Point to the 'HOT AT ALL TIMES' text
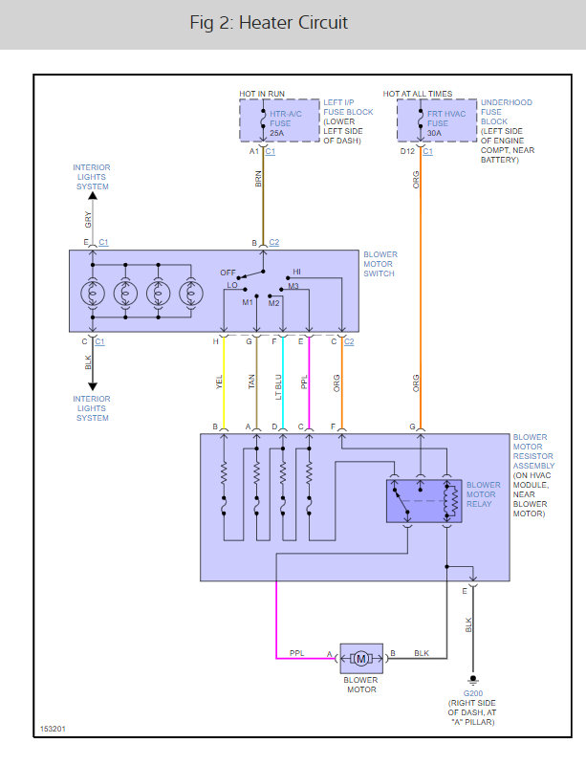click(x=418, y=94)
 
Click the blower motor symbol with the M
click(x=361, y=658)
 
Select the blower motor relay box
click(x=423, y=499)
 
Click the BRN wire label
click(x=259, y=179)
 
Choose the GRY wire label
click(x=87, y=219)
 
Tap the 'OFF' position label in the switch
click(x=228, y=272)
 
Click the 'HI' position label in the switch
click(x=296, y=272)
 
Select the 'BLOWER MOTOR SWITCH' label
click(x=380, y=264)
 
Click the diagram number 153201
click(x=54, y=729)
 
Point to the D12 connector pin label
click(x=407, y=151)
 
